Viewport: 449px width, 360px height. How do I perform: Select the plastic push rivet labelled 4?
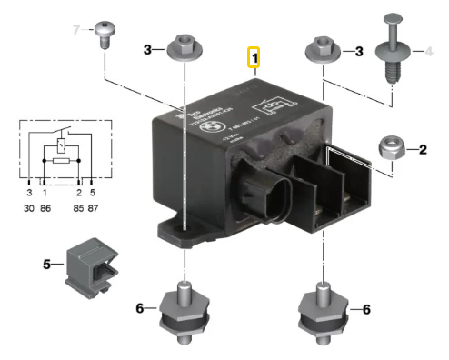pyautogui.click(x=391, y=55)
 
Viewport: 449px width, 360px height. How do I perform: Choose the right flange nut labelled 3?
pyautogui.click(x=319, y=52)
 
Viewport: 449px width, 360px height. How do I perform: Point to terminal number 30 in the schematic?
pyautogui.click(x=29, y=207)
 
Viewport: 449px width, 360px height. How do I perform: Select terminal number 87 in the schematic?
pyautogui.click(x=93, y=207)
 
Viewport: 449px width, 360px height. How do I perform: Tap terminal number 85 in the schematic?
pyautogui.click(x=78, y=207)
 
